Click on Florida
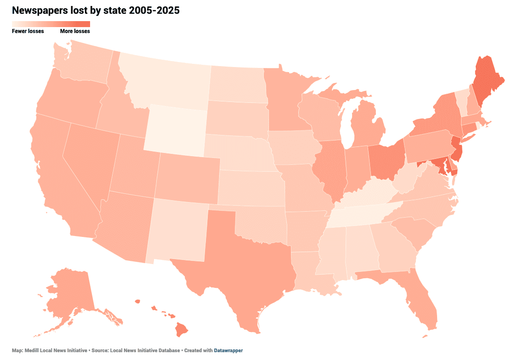(x=421, y=298)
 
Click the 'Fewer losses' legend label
(x=28, y=31)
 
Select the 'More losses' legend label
(x=75, y=31)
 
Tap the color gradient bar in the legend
(x=51, y=24)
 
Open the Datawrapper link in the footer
(x=228, y=350)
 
